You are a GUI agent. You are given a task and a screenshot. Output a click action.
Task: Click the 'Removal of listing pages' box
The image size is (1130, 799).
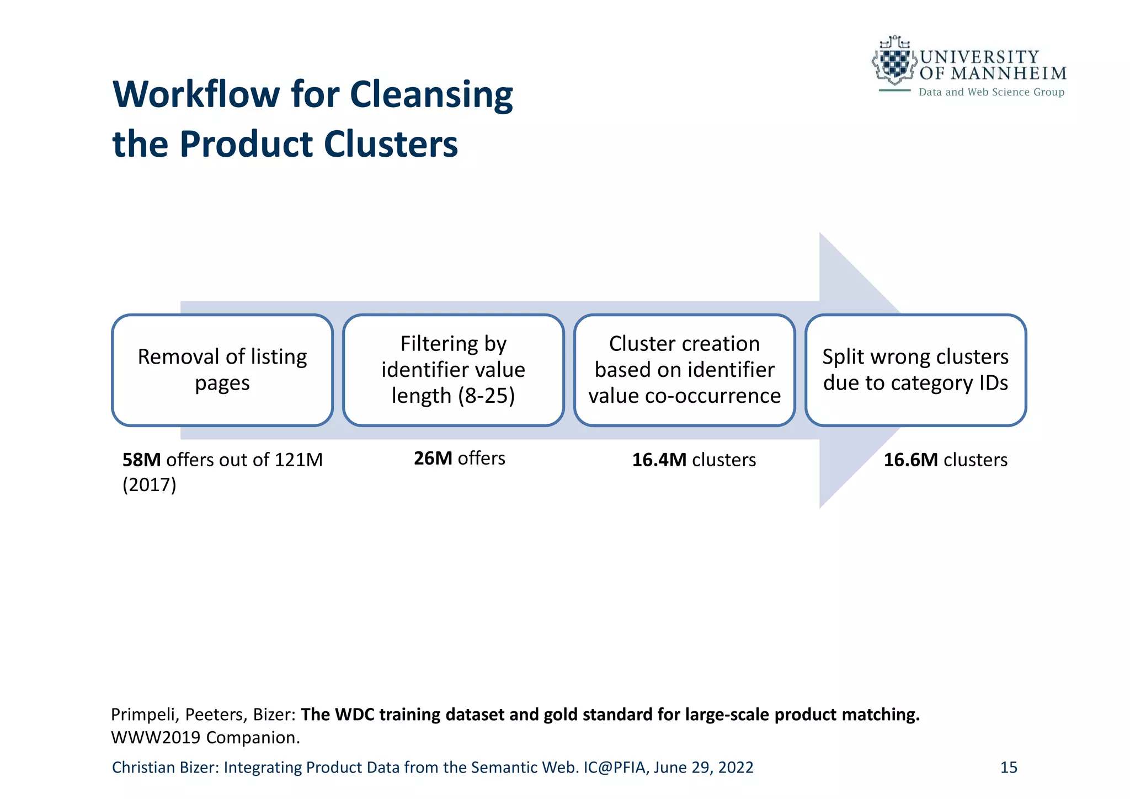click(x=222, y=370)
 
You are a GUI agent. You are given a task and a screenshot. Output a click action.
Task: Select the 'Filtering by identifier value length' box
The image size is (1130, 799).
click(x=453, y=370)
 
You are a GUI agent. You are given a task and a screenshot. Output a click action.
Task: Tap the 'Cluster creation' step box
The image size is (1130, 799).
click(x=684, y=370)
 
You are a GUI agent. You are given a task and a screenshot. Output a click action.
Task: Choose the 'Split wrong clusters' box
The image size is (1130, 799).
click(x=915, y=370)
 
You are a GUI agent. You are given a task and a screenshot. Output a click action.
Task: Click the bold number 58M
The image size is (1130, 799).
click(x=141, y=460)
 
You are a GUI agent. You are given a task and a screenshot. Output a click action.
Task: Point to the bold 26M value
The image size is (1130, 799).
click(x=433, y=459)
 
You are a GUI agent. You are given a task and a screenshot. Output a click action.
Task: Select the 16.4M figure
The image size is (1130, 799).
click(x=659, y=460)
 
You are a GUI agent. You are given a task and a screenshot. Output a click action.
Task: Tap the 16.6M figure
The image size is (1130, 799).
click(x=911, y=460)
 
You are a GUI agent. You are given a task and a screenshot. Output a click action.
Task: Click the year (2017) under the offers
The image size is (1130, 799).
click(x=149, y=485)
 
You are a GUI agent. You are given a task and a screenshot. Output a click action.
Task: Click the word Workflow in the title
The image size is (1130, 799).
click(x=196, y=94)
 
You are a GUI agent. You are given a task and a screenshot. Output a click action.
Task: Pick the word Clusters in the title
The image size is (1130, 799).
click(x=391, y=145)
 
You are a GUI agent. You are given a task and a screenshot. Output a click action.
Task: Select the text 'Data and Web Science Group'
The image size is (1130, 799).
click(x=991, y=92)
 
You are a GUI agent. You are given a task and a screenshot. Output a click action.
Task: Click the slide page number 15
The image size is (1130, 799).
click(x=1009, y=768)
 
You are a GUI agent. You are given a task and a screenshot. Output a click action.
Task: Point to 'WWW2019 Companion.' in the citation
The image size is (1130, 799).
click(x=205, y=738)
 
